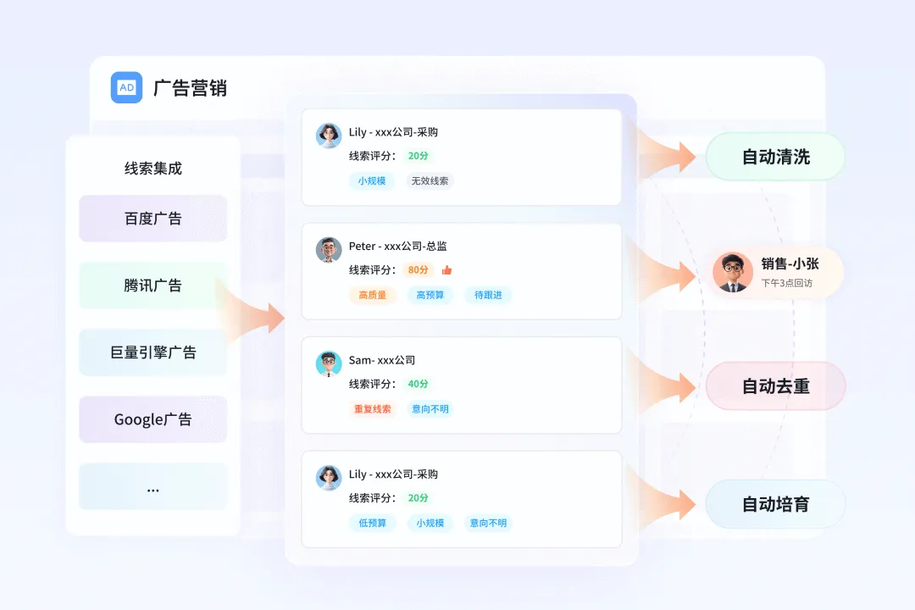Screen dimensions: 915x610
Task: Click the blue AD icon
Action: [126, 87]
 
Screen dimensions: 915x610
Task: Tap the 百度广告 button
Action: [152, 219]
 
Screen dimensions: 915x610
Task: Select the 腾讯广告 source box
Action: [152, 286]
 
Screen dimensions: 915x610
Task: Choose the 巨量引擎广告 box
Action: [152, 352]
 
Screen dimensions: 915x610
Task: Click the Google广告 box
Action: [152, 419]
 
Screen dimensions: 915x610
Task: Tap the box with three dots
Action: [152, 486]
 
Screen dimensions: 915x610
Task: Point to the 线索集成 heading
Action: [152, 169]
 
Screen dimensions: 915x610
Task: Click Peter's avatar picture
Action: [329, 250]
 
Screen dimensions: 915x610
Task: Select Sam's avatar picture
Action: [329, 363]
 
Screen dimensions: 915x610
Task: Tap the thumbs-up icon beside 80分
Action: [446, 270]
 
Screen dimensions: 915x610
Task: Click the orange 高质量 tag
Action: [372, 295]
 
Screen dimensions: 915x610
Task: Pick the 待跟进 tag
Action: [488, 295]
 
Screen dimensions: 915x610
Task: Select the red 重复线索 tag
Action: [372, 409]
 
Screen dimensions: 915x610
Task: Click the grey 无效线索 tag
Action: [431, 180]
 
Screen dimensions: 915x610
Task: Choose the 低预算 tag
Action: [372, 523]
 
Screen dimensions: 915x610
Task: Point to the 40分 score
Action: [418, 384]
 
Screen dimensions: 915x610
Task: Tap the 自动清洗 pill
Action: [775, 157]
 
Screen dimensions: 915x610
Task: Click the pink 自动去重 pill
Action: [775, 386]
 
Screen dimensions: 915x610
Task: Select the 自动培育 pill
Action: [775, 504]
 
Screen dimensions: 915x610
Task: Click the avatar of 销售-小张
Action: [733, 272]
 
